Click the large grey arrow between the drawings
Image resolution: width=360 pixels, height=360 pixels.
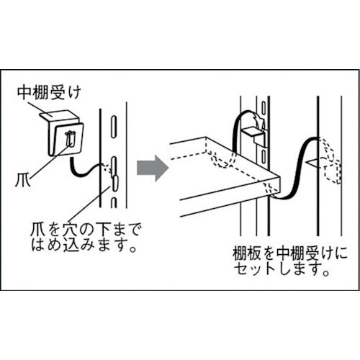pos(153,167)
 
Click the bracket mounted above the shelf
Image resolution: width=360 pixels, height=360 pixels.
pos(254,132)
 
